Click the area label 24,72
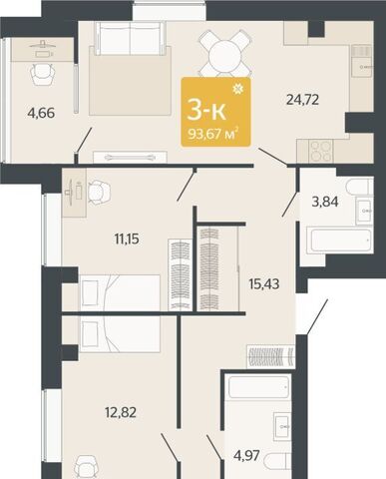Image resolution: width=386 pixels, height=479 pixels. [302, 100]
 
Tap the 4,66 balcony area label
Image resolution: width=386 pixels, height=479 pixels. [41, 113]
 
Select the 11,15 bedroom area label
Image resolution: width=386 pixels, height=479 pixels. [127, 239]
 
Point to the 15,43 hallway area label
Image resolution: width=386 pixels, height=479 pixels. [264, 283]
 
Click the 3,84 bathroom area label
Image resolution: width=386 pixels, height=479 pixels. [325, 202]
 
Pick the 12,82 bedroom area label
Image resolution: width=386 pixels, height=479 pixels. [121, 413]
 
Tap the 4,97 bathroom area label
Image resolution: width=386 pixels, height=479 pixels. [246, 455]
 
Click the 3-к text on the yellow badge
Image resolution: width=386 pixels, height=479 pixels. [206, 111]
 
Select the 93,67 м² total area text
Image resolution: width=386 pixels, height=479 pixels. [213, 134]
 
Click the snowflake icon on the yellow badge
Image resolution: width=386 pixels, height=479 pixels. [238, 89]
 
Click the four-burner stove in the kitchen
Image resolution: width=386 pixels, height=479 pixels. [321, 151]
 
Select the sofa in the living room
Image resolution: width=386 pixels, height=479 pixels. [131, 38]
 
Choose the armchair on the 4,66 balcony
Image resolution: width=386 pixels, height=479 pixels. [42, 75]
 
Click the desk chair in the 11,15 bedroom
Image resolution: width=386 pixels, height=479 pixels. [99, 191]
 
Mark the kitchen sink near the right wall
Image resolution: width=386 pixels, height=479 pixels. [362, 67]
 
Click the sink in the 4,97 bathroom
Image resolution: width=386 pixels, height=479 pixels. [282, 426]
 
